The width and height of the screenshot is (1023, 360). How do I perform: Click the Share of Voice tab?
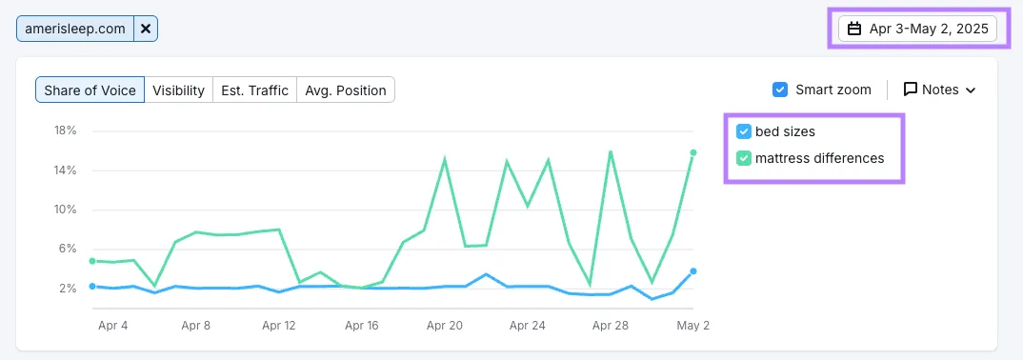90,90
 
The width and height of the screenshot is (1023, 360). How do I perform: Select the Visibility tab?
178,90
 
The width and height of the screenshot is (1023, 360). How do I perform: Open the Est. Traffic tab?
254,90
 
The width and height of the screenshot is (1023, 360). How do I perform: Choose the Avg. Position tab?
346,90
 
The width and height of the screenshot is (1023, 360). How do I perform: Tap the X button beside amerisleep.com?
146,29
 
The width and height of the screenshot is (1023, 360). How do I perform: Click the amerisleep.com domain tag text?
75,29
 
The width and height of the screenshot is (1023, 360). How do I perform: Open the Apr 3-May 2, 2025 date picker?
917,29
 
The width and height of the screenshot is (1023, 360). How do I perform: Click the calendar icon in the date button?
854,29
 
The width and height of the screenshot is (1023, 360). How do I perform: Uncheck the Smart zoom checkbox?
780,90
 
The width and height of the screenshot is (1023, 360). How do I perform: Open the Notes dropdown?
939,90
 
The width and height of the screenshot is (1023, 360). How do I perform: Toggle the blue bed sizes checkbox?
743,131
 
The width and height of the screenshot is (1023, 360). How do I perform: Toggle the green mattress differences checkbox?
743,158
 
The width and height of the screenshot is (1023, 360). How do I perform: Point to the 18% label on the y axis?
66,130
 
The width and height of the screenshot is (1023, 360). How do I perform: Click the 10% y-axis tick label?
66,210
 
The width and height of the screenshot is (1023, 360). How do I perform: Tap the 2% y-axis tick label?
69,289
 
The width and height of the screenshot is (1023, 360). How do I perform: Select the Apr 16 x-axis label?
361,326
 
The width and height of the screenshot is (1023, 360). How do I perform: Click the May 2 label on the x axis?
692,326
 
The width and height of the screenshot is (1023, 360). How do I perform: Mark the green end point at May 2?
693,152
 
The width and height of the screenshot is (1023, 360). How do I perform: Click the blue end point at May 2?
693,271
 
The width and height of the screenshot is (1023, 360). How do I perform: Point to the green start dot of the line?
92,261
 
